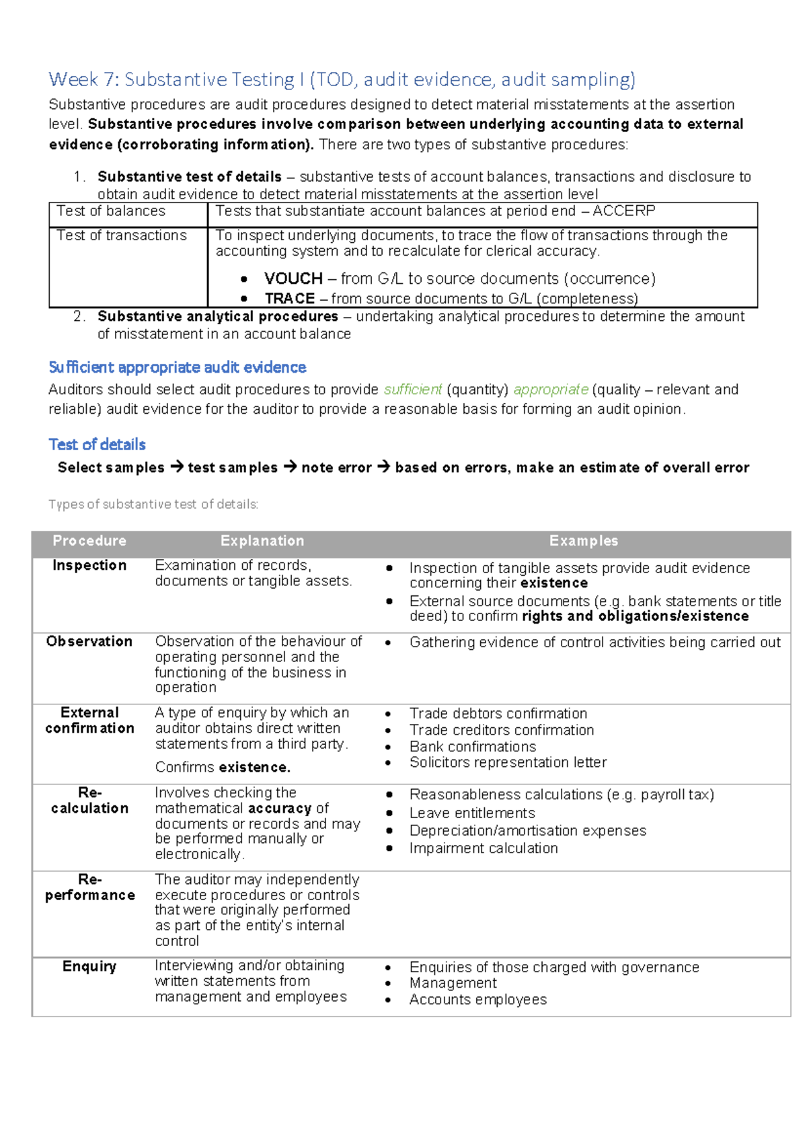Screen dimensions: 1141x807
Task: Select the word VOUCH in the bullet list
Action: point(293,279)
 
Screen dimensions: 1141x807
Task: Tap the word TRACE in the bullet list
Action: point(290,298)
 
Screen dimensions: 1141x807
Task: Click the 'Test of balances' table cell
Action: point(111,211)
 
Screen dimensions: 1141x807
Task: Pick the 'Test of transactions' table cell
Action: point(122,235)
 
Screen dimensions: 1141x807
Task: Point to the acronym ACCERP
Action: point(623,211)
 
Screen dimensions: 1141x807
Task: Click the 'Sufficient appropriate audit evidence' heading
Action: point(178,367)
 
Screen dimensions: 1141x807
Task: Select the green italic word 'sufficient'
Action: point(413,390)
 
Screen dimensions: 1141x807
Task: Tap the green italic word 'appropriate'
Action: point(551,390)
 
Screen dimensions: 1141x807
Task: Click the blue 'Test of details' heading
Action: point(98,444)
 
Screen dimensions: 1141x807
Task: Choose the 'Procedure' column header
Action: point(89,541)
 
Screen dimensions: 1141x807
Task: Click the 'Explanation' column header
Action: point(262,541)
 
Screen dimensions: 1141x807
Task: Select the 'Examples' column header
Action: point(583,541)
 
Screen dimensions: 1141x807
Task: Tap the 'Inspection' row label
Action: point(89,566)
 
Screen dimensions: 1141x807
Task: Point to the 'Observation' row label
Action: point(89,642)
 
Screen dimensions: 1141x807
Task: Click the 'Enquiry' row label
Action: point(89,967)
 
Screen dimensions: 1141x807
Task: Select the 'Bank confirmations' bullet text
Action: point(473,747)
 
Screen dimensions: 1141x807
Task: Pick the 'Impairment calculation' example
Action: point(484,848)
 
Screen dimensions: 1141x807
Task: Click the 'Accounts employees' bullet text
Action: point(478,1000)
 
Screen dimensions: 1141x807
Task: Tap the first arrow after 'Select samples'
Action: point(176,467)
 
